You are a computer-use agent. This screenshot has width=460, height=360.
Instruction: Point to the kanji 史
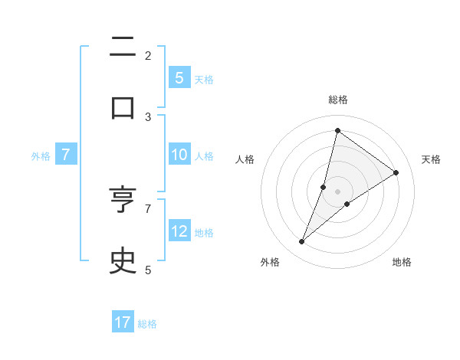(x=123, y=260)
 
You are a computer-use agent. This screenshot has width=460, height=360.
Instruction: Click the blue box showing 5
(x=179, y=77)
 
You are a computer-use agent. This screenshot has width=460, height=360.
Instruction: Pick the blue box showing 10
(x=179, y=155)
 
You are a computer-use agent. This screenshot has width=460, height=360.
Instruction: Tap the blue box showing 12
(x=179, y=231)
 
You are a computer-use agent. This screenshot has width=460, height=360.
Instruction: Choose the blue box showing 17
(x=123, y=322)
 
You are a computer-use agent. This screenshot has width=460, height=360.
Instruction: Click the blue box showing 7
(x=66, y=155)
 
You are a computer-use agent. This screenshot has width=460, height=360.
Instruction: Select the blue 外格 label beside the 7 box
(x=41, y=156)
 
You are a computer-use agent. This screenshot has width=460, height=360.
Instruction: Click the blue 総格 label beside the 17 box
(x=147, y=324)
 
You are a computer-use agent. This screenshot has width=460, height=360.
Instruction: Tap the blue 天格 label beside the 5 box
(x=204, y=79)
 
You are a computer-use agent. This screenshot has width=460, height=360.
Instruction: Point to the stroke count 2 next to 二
(x=148, y=55)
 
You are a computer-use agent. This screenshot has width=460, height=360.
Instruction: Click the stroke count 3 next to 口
(x=148, y=116)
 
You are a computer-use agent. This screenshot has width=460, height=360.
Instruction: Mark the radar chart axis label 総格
(x=338, y=100)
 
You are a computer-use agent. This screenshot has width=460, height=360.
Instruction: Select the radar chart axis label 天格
(x=431, y=159)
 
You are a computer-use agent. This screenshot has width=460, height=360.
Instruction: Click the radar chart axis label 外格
(x=270, y=262)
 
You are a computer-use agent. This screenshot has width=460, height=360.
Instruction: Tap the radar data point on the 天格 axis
(x=396, y=172)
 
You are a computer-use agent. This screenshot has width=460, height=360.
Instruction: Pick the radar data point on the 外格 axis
(x=302, y=242)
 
